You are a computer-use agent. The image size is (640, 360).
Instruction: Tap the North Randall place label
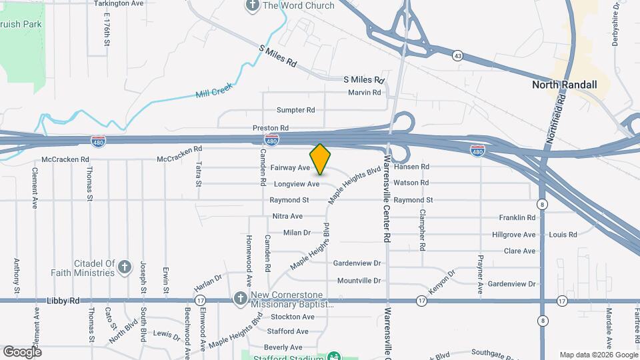coord(564,85)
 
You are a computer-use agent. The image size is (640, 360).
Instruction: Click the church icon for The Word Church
coord(253,6)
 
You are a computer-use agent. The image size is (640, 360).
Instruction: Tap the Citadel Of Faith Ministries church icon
coord(124,268)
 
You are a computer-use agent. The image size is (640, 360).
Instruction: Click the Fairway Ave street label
coord(295,167)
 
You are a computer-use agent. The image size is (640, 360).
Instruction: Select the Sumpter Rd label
coord(295,109)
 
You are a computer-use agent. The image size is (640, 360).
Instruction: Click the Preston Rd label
coord(271,127)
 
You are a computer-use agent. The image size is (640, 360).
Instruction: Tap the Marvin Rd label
coord(364,93)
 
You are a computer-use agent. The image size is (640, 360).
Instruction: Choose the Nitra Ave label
coord(287,216)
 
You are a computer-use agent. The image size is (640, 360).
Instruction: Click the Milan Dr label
coord(297,233)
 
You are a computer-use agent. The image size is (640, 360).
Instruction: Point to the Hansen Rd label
coord(411,167)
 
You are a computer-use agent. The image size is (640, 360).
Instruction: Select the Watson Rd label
coord(411,183)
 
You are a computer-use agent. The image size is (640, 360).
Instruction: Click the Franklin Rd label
coord(517,217)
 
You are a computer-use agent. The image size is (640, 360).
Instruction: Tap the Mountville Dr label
coord(359,281)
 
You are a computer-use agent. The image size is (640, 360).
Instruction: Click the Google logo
coord(21,351)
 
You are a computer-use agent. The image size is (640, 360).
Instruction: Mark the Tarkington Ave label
coord(119,3)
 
